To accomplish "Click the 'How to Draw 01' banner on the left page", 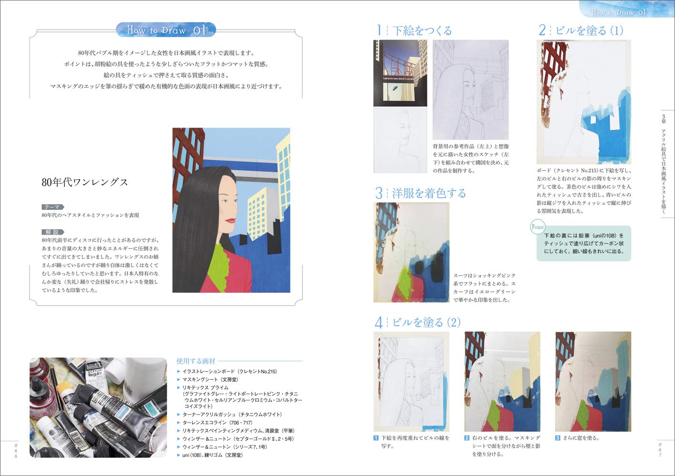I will (166, 30).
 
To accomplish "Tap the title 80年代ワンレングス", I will (85, 182).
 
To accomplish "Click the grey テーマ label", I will (52, 207).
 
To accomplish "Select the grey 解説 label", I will (52, 232).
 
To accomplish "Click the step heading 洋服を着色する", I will (429, 193).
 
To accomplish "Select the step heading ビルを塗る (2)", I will (426, 322).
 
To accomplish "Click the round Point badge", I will (537, 227).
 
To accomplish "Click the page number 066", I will (16, 449).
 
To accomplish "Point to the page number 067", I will (660, 449).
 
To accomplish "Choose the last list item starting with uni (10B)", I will (212, 455).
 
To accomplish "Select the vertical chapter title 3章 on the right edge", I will (664, 164).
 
